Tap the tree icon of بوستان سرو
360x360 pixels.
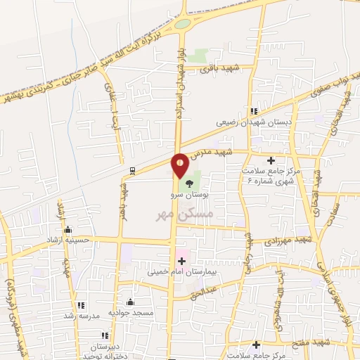point(188,182)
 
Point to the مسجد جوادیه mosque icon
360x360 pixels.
point(129,301)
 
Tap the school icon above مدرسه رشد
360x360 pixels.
point(80,306)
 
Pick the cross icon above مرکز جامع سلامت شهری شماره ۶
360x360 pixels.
point(271,160)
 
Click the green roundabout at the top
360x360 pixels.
point(183,24)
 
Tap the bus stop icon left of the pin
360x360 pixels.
point(132,170)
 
